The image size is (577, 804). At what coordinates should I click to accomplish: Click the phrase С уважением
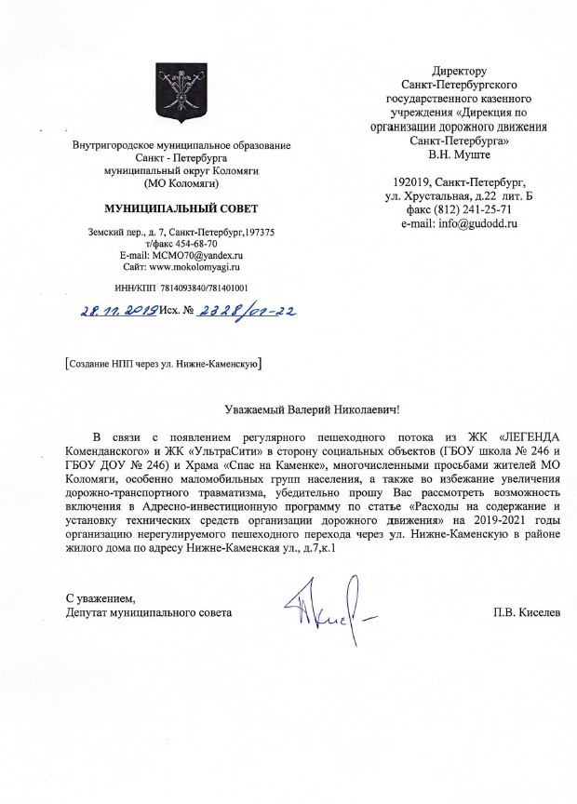coord(101,597)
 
